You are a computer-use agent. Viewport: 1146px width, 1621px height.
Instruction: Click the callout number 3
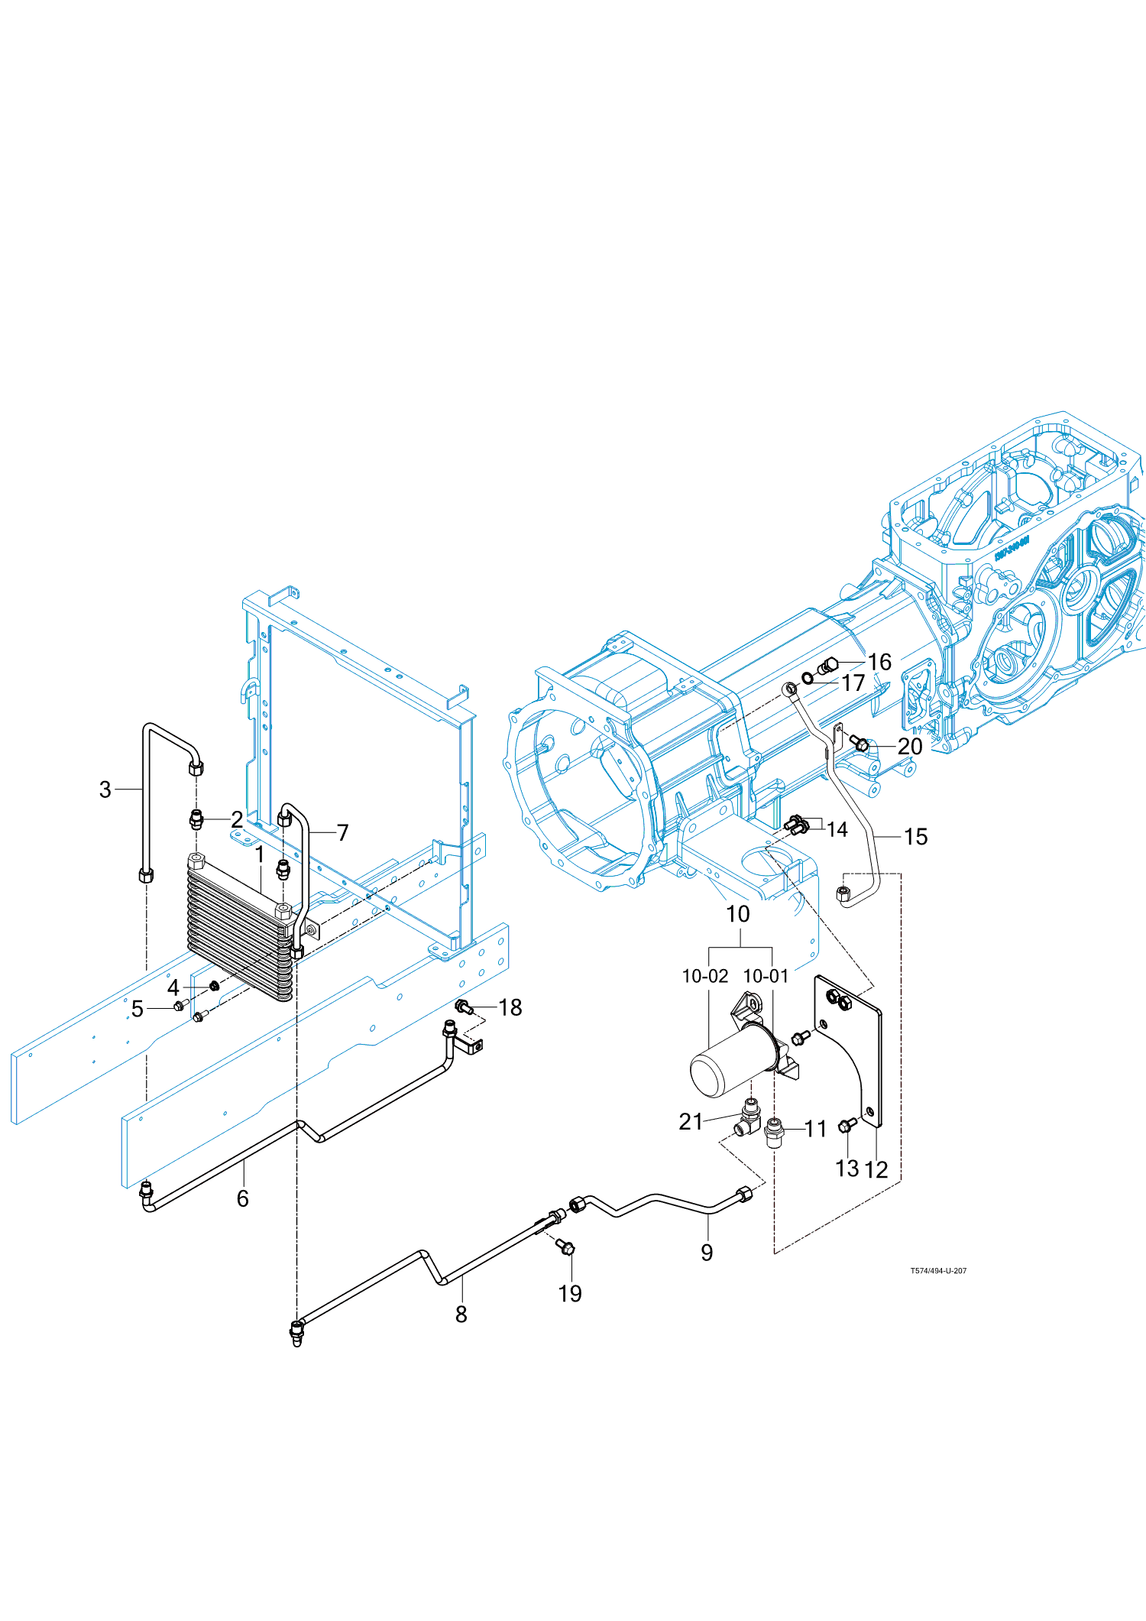[x=105, y=789]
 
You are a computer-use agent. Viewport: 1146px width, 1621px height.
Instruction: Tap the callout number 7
[x=342, y=832]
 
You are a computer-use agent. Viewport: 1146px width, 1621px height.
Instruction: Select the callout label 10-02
[x=704, y=976]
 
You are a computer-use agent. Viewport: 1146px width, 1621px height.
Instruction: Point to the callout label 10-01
[x=766, y=976]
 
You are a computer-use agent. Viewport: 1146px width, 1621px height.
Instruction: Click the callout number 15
[x=915, y=837]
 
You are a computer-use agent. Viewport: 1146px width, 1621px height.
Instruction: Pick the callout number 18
[x=510, y=1007]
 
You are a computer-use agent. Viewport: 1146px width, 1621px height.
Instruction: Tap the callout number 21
[x=691, y=1121]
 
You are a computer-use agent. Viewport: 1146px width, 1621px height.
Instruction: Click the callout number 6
[x=243, y=1198]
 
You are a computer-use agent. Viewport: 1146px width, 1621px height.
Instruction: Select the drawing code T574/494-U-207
[x=938, y=1271]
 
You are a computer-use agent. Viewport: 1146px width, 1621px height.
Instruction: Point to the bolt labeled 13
[x=847, y=1125]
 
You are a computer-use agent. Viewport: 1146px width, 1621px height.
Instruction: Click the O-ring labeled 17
[x=808, y=679]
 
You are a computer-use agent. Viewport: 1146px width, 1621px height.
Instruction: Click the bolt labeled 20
[x=860, y=743]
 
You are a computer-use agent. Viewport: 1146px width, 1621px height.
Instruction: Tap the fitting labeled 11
[x=775, y=1130]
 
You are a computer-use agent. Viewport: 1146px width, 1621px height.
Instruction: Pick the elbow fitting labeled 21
[x=749, y=1117]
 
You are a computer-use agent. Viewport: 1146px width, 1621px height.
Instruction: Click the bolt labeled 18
[x=463, y=1007]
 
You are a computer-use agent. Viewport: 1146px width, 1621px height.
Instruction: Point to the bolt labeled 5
[x=180, y=1004]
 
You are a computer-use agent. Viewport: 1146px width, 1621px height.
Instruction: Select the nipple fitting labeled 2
[x=197, y=821]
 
